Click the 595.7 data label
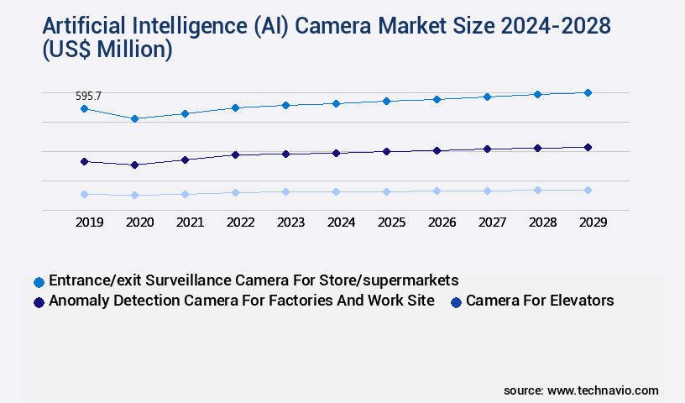pyautogui.click(x=89, y=97)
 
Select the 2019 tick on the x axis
pyautogui.click(x=89, y=222)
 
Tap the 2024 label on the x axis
pyautogui.click(x=342, y=222)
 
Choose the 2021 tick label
pyautogui.click(x=190, y=222)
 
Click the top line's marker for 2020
pyautogui.click(x=134, y=118)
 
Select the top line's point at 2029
pyautogui.click(x=588, y=92)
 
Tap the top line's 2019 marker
pyautogui.click(x=84, y=108)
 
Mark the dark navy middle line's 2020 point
pyautogui.click(x=134, y=165)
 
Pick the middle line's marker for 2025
pyautogui.click(x=386, y=151)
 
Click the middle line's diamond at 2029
pyautogui.click(x=588, y=147)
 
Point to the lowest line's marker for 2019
pyautogui.click(x=84, y=194)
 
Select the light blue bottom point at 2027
pyautogui.click(x=487, y=191)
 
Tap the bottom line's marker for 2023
pyautogui.click(x=285, y=191)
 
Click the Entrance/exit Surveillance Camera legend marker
pyautogui.click(x=38, y=281)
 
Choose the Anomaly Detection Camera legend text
pyautogui.click(x=242, y=301)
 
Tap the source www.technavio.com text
pyautogui.click(x=581, y=390)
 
